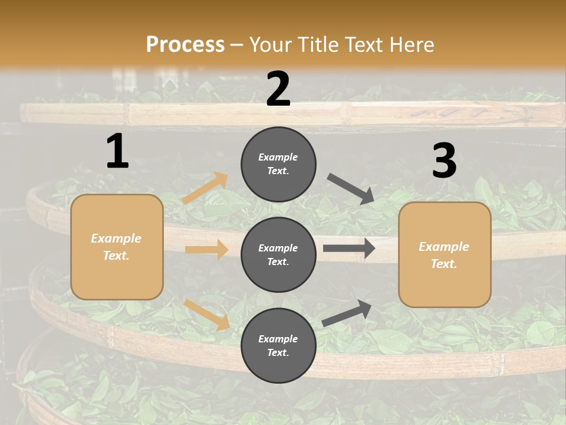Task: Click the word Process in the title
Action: tap(185, 45)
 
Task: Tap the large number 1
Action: tap(117, 152)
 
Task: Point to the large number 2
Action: tap(278, 89)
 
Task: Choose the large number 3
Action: tap(444, 161)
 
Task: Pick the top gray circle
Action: tap(278, 164)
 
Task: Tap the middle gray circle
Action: tap(278, 254)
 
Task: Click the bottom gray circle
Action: tap(278, 345)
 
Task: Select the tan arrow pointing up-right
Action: tap(205, 188)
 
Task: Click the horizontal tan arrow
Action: tap(206, 250)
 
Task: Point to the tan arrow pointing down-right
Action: tap(207, 315)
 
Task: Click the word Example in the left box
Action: tap(116, 238)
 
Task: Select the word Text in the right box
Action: tap(443, 264)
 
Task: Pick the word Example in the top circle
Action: tap(278, 157)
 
